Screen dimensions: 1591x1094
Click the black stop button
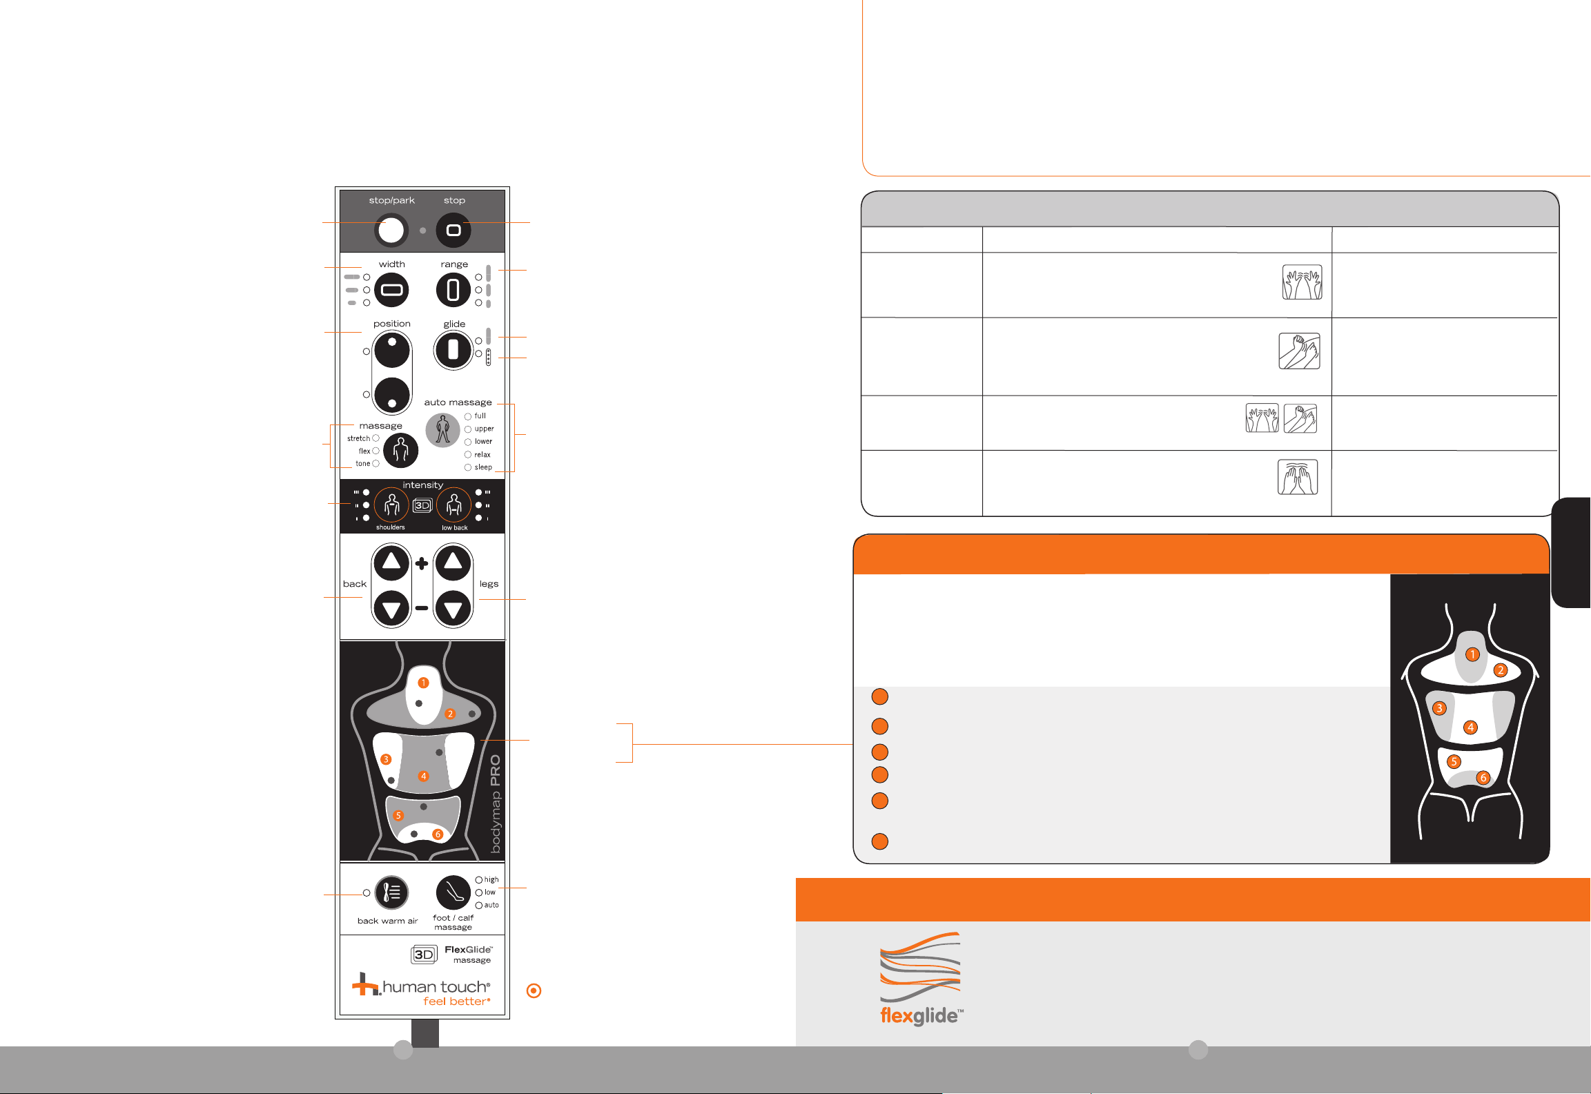tap(453, 230)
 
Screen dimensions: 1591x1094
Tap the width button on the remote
tap(391, 290)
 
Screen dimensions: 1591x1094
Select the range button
tap(453, 290)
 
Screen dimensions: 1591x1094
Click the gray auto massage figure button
tap(442, 430)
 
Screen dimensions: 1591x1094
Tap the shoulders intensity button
tap(391, 506)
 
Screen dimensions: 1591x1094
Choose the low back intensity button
tap(453, 506)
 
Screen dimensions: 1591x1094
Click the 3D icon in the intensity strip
tap(422, 506)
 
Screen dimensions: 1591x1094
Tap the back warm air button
tap(391, 892)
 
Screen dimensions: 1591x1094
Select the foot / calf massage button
tap(453, 892)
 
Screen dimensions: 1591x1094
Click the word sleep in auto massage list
tap(483, 467)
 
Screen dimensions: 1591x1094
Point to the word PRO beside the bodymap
tap(495, 770)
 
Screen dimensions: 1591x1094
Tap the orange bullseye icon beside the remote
tap(534, 991)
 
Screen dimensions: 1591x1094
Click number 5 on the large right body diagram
tap(1454, 762)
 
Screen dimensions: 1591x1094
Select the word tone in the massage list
tap(363, 464)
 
